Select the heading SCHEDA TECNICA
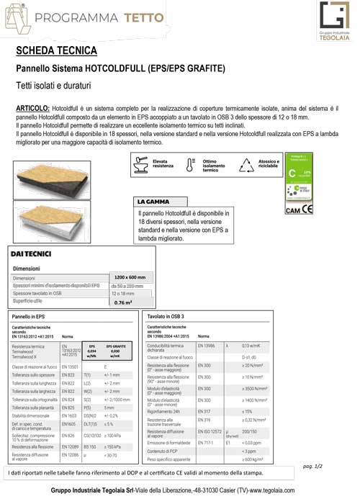pos(57,51)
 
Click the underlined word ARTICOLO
pos(35,107)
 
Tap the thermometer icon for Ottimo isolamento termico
pos(191,164)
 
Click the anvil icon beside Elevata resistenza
pos(141,165)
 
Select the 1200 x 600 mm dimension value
pos(130,277)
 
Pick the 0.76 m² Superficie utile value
pos(122,303)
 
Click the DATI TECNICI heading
pos(30,254)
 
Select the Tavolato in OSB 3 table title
pos(167,316)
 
